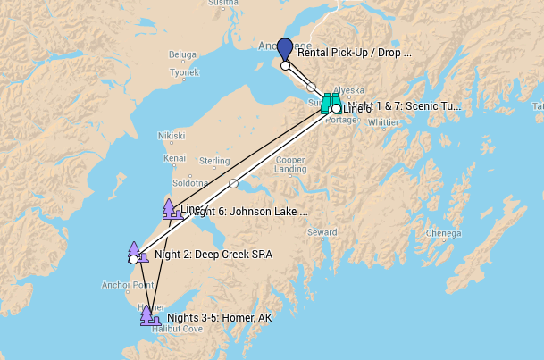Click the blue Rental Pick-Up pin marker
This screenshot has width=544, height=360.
click(284, 49)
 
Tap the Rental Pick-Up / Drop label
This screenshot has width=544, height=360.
click(354, 53)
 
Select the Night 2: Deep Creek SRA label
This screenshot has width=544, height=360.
click(213, 255)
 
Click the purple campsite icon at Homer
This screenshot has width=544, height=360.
click(147, 314)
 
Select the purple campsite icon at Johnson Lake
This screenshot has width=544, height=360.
click(168, 209)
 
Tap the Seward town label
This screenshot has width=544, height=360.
click(322, 232)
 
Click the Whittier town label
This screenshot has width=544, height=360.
click(383, 122)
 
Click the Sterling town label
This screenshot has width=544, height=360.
click(214, 161)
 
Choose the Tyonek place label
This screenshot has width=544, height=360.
click(184, 72)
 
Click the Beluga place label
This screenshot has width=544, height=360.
click(182, 54)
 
